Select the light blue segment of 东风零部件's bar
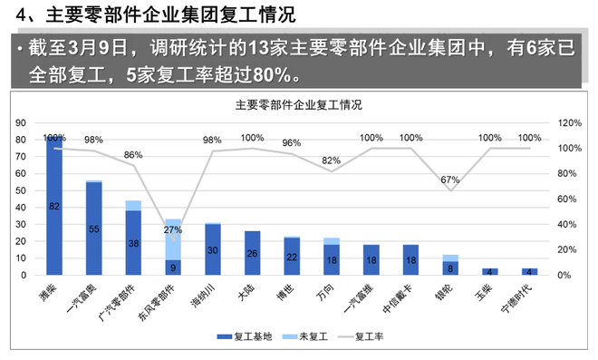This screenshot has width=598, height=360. [172, 239]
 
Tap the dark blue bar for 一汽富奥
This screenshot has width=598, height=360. [93, 228]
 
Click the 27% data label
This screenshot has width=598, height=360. [171, 229]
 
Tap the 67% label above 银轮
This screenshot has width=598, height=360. [450, 180]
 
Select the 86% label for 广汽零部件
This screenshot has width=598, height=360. [133, 155]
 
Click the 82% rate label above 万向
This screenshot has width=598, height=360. [332, 161]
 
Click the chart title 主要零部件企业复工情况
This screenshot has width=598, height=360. [298, 104]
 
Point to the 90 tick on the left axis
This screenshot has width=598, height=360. [34, 122]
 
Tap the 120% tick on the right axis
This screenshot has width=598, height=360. [569, 122]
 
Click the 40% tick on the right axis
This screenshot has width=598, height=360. [567, 224]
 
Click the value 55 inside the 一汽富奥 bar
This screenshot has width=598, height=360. [93, 229]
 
